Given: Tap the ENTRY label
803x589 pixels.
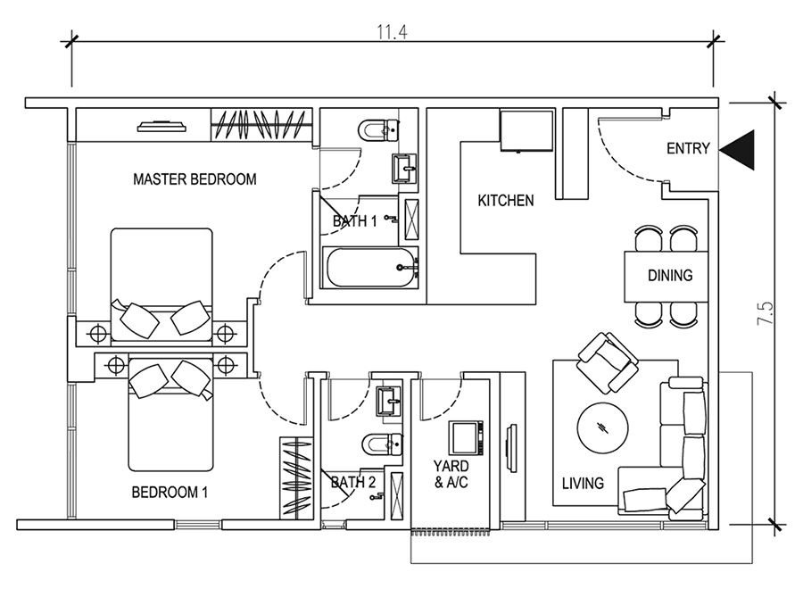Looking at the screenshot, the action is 688,148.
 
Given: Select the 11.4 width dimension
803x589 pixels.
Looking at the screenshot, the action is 393,32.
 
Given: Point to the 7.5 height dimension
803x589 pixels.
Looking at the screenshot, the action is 766,313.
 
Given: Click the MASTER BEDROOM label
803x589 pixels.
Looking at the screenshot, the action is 195,179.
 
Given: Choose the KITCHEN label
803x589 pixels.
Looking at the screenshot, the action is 506,200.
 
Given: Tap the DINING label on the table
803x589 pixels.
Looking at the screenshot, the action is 670,276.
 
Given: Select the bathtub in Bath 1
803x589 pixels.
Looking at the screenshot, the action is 369,268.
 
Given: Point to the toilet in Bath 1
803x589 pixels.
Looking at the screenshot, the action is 379,130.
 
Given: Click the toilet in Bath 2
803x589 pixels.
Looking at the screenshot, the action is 382,444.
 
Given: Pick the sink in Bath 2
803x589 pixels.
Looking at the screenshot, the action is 390,400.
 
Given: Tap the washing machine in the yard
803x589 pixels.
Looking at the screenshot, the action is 466,438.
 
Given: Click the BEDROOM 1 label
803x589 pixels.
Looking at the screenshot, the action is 170,493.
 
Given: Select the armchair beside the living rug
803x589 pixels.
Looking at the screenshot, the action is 608,363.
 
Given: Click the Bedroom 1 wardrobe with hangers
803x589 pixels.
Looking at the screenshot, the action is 296,477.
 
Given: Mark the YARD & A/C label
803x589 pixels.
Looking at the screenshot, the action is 451,474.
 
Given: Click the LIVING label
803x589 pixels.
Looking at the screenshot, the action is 583,483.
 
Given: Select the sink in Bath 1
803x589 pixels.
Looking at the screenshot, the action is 405,169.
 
